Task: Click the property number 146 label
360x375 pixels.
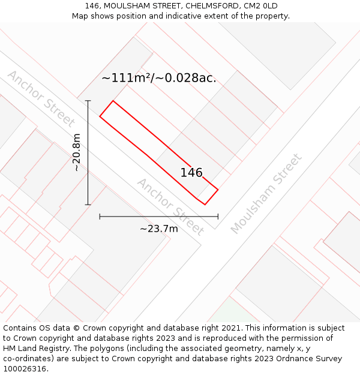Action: [191, 173]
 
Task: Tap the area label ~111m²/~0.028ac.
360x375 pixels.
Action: [159, 78]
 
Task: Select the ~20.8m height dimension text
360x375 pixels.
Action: [77, 152]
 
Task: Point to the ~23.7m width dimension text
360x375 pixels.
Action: [159, 229]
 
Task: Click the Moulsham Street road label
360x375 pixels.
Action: [266, 194]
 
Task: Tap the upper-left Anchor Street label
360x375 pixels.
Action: [41, 99]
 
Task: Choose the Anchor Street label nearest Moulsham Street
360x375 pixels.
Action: [170, 206]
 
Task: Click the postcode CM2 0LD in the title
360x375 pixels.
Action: [261, 6]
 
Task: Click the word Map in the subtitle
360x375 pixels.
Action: [80, 16]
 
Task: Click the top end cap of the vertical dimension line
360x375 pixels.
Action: [88, 101]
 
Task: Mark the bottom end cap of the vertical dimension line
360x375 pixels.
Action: [88, 205]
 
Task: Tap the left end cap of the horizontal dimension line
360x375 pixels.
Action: [100, 217]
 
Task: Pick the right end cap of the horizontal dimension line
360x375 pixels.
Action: [218, 217]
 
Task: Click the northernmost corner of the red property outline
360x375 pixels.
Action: [113, 100]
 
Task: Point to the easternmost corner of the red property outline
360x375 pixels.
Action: [218, 190]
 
